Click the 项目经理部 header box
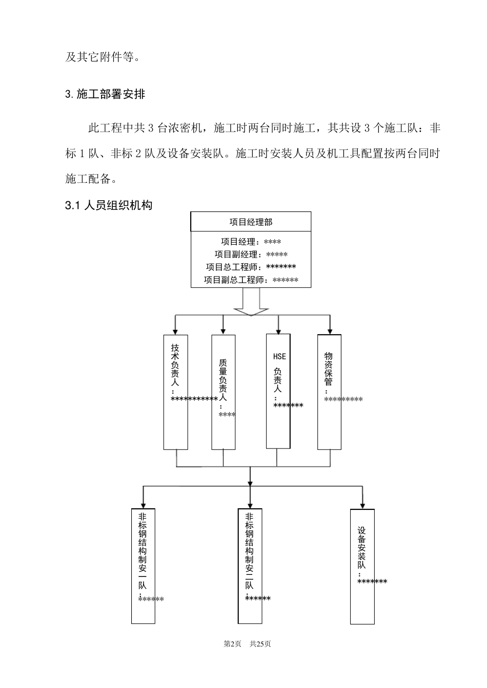pos(251,222)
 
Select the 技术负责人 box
pos(175,392)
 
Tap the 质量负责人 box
pos(224,392)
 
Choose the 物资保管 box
pos(329,392)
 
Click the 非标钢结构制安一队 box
pos(143,566)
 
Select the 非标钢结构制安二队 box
pos(250,566)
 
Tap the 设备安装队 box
pos(362,566)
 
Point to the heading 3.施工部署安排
pos(105,94)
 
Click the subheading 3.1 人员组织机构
pos(109,206)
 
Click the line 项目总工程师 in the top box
pos(251,267)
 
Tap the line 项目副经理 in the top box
pos(251,254)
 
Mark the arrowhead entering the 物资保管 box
pos(330,331)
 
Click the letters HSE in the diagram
pos(279,356)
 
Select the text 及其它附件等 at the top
pos(103,57)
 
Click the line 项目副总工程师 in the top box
pos(251,280)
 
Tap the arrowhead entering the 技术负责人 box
pos(175,331)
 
